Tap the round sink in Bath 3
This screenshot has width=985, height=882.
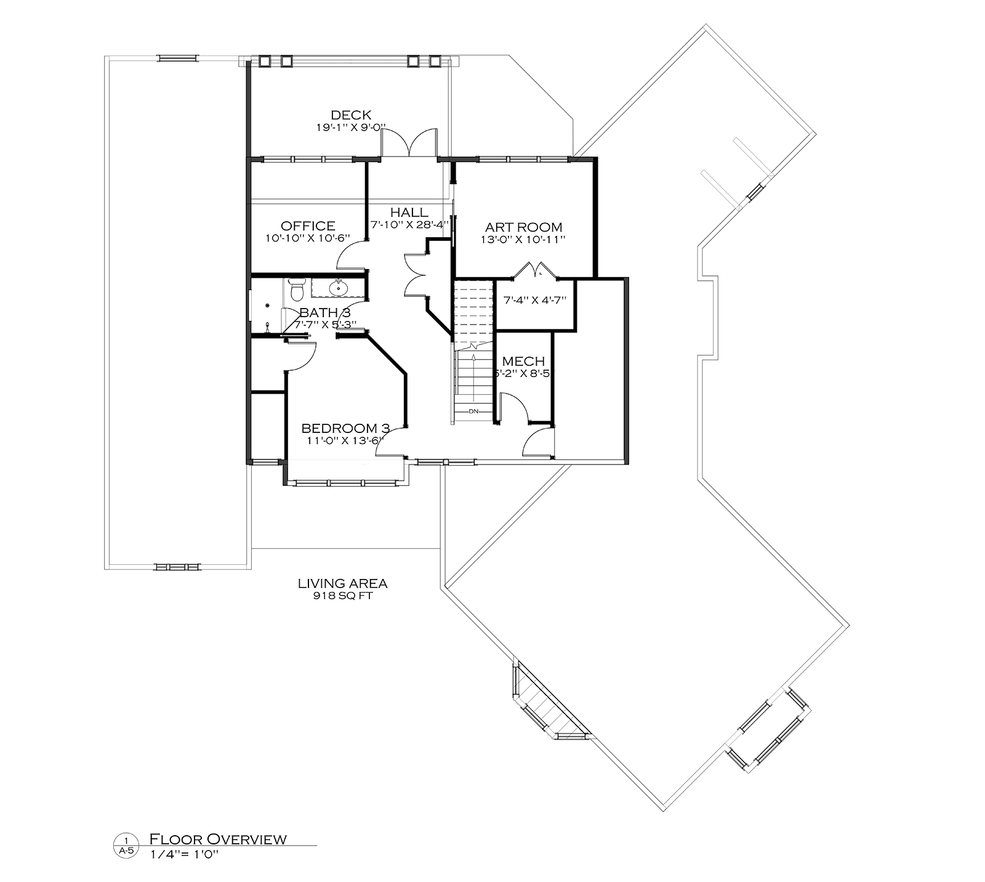(x=337, y=287)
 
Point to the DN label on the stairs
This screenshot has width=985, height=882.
(x=473, y=411)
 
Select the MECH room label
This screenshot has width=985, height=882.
(x=523, y=361)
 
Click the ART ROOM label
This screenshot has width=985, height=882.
(x=523, y=227)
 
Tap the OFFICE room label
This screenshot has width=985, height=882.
(x=308, y=226)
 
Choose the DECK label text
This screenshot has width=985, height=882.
(x=351, y=115)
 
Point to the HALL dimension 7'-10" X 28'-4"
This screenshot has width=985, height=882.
(x=409, y=224)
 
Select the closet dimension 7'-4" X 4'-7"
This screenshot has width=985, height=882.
(x=534, y=301)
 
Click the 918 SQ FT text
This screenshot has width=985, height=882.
(x=342, y=596)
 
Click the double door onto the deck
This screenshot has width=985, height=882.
(x=409, y=143)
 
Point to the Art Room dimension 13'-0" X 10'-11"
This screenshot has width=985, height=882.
(x=523, y=239)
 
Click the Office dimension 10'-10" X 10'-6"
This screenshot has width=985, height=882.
(x=308, y=238)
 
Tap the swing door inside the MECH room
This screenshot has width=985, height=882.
(x=513, y=409)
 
